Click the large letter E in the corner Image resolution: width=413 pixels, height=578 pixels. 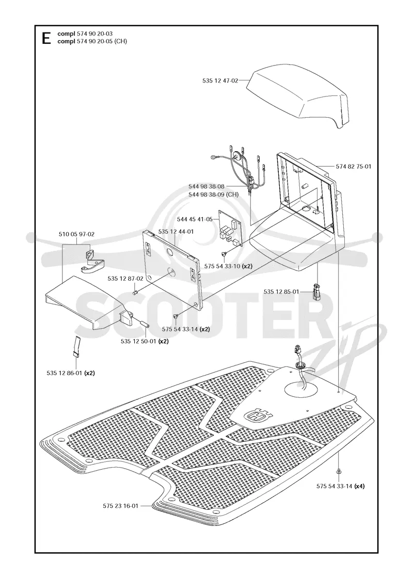click(x=46, y=38)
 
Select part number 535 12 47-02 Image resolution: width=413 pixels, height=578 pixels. click(x=220, y=81)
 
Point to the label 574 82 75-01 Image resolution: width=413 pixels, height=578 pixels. click(x=353, y=166)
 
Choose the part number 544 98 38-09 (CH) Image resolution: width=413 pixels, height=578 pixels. click(x=213, y=194)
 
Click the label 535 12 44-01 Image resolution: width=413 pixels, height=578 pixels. click(x=176, y=232)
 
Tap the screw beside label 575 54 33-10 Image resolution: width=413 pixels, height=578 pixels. click(x=224, y=253)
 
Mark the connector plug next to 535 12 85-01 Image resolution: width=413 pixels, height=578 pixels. click(x=316, y=292)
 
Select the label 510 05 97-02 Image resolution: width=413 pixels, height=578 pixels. click(x=76, y=234)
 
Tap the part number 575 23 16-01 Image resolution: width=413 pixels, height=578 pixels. click(x=121, y=506)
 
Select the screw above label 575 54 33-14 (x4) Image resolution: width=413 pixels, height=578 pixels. click(x=338, y=471)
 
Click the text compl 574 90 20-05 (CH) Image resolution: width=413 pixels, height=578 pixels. click(x=92, y=41)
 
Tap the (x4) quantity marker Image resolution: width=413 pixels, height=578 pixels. click(x=359, y=486)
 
